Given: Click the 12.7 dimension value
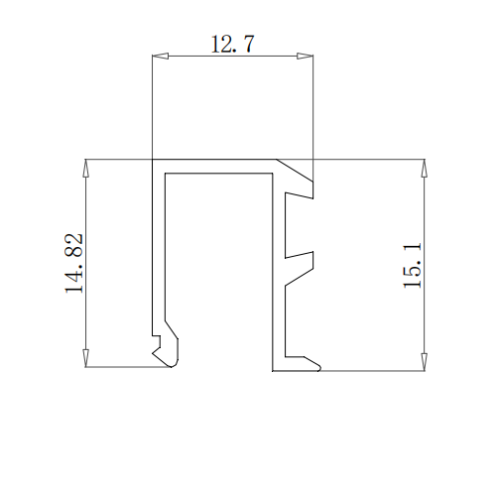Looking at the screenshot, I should coord(233,45).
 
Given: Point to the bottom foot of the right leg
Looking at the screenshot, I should coord(298,364).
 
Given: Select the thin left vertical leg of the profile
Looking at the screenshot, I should coord(157,248).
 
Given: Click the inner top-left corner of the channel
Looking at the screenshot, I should coord(166,174).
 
